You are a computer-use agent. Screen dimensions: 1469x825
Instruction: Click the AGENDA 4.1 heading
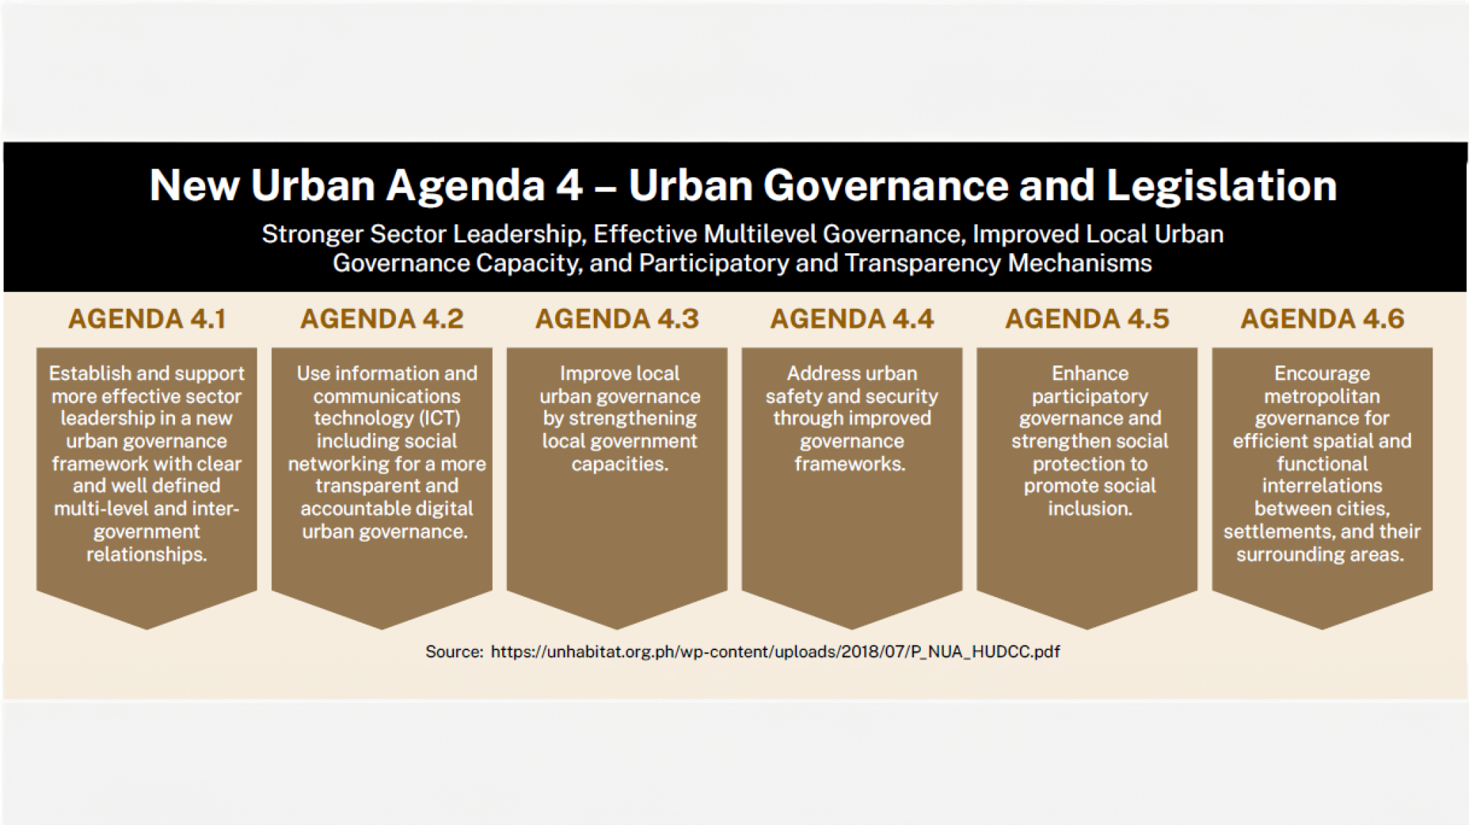pyautogui.click(x=147, y=319)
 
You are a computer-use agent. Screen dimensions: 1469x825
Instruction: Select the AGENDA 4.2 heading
pyautogui.click(x=382, y=319)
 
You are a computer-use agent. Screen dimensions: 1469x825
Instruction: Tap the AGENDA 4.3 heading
pyautogui.click(x=617, y=319)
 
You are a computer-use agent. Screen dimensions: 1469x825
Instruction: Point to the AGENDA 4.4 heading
pyautogui.click(x=852, y=319)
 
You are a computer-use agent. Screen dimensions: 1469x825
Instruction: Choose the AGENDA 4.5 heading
pyautogui.click(x=1087, y=319)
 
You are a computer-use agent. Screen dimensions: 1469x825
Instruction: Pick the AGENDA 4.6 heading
pyautogui.click(x=1323, y=319)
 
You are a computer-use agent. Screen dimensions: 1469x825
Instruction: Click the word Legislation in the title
pyautogui.click(x=1222, y=186)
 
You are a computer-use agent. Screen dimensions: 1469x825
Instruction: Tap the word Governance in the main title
pyautogui.click(x=884, y=186)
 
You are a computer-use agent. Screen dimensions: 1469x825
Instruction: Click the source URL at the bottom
pyautogui.click(x=775, y=652)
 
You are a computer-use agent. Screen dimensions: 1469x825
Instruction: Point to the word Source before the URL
pyautogui.click(x=454, y=652)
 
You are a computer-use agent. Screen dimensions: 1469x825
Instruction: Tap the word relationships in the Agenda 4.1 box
pyautogui.click(x=147, y=555)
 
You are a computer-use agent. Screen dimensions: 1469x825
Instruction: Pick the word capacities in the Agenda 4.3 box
pyautogui.click(x=620, y=464)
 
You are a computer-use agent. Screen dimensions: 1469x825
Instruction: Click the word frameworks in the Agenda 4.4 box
pyautogui.click(x=850, y=464)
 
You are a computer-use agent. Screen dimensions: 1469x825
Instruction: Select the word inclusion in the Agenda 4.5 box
pyautogui.click(x=1090, y=509)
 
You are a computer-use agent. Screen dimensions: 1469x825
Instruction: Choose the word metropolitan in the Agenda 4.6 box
pyautogui.click(x=1322, y=396)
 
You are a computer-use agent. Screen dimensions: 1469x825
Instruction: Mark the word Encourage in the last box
pyautogui.click(x=1322, y=374)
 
